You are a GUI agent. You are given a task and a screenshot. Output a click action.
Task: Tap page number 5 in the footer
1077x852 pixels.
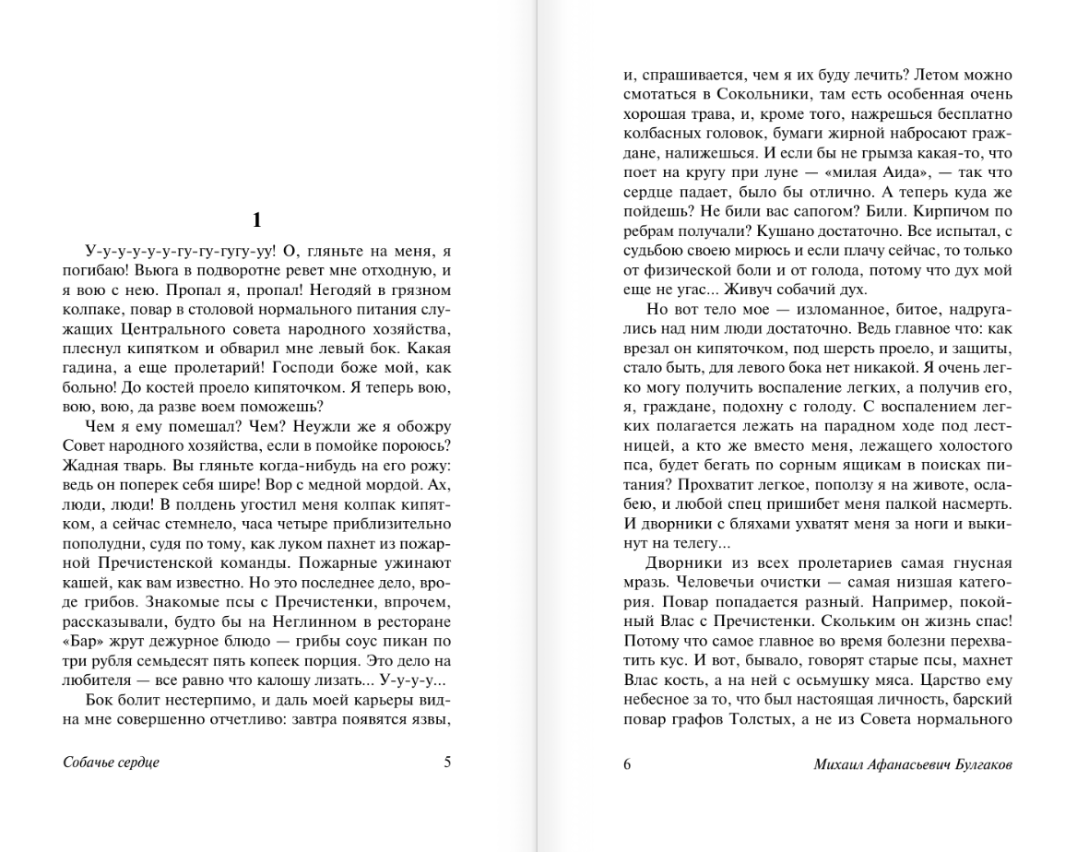click(447, 763)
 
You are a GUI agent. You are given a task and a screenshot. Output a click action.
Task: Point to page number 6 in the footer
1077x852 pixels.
click(627, 763)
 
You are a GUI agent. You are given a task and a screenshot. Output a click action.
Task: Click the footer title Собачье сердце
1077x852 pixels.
click(112, 763)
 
